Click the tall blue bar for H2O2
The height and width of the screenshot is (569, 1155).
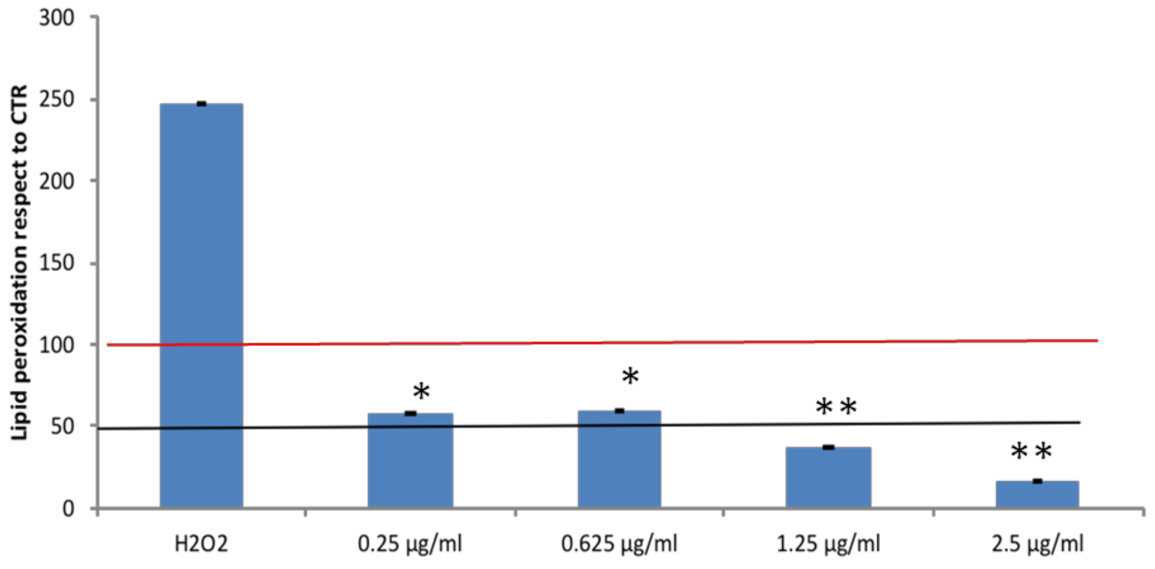201,305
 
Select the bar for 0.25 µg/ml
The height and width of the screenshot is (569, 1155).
410,467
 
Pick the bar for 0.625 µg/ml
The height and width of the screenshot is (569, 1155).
619,467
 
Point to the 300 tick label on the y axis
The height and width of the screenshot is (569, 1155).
56,19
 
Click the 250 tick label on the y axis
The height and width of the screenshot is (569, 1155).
56,100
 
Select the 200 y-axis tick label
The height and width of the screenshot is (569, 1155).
56,181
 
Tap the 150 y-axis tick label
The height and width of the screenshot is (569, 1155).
56,263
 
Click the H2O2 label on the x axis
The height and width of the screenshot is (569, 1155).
201,544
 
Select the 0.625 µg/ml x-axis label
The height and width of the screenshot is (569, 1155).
619,544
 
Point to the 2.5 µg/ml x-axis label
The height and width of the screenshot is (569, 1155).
1037,544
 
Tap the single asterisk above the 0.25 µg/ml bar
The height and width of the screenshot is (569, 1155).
421,392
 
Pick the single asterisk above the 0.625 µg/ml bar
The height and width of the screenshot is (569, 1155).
630,377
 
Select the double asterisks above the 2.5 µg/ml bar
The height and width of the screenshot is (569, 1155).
1031,452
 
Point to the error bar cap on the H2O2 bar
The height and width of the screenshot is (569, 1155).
201,104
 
